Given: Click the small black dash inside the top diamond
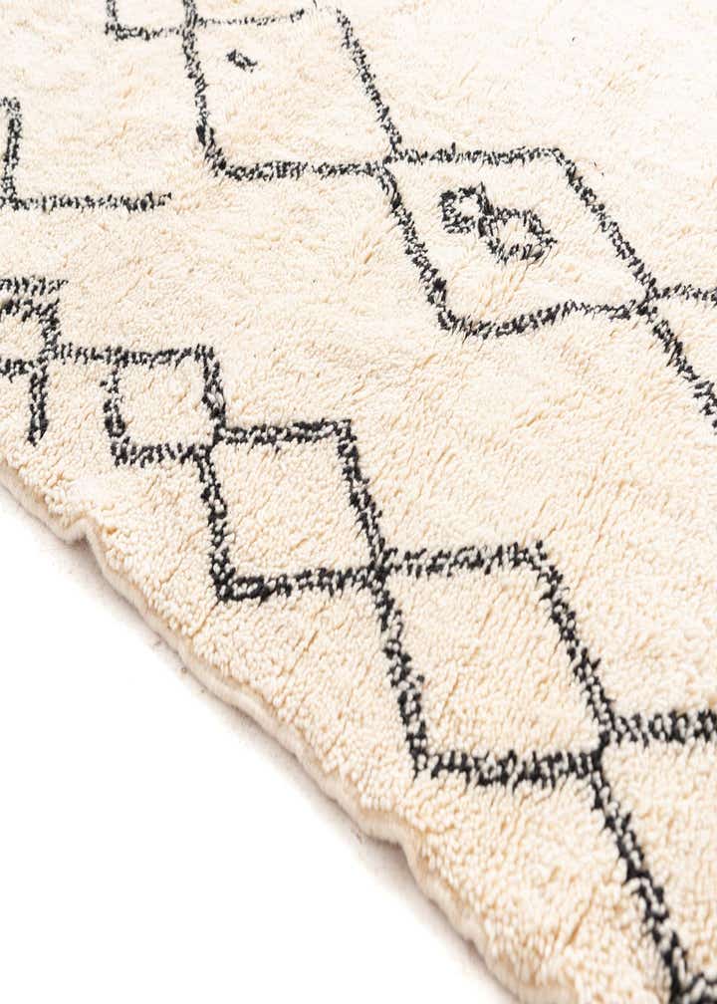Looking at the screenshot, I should (240, 60).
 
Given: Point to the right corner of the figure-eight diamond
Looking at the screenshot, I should (652, 297).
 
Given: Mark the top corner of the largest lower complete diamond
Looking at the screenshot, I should (538, 548).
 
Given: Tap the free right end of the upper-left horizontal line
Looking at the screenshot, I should (164, 202).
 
